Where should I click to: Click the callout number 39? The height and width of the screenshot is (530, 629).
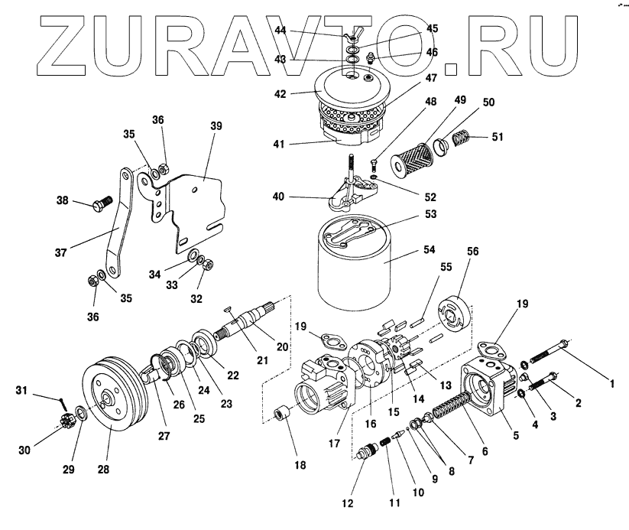tap(216, 126)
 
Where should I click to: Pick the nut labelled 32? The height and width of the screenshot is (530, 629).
tap(207, 265)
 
